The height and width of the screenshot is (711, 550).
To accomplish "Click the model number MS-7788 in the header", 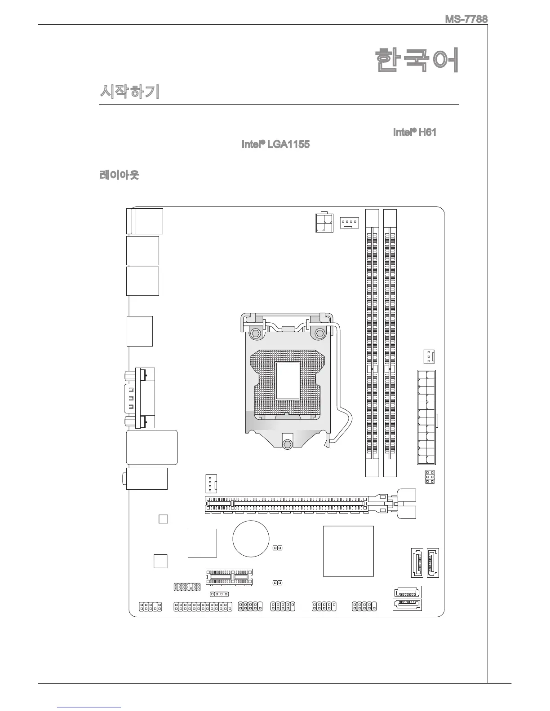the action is (x=466, y=20).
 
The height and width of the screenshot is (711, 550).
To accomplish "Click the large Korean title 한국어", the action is (x=417, y=61).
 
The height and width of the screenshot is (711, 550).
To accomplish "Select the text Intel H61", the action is (x=415, y=132).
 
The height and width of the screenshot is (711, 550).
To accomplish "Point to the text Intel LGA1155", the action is (x=275, y=145).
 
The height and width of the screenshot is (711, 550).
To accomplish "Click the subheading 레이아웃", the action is (x=119, y=175).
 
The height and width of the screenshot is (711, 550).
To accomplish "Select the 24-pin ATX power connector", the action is (x=427, y=418).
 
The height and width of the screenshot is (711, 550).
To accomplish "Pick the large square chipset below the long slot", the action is (x=348, y=551).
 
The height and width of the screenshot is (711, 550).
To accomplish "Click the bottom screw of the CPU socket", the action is (x=288, y=443).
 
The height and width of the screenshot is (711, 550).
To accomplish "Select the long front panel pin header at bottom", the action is (x=202, y=606).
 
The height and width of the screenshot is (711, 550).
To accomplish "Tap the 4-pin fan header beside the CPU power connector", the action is (x=349, y=222).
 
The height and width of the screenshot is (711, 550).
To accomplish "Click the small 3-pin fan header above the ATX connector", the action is (x=429, y=357).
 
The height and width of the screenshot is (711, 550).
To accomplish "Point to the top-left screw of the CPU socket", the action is (x=255, y=333).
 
